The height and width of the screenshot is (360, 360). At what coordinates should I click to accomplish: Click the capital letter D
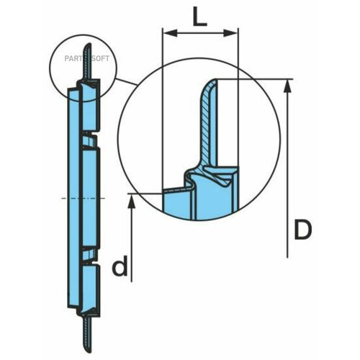[303, 230]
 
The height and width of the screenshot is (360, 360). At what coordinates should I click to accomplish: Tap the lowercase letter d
[122, 268]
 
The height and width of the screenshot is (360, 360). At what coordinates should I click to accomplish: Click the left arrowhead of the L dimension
[167, 32]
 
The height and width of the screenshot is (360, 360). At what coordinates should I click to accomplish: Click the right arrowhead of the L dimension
[234, 32]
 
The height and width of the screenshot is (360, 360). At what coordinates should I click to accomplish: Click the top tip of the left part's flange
[85, 49]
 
